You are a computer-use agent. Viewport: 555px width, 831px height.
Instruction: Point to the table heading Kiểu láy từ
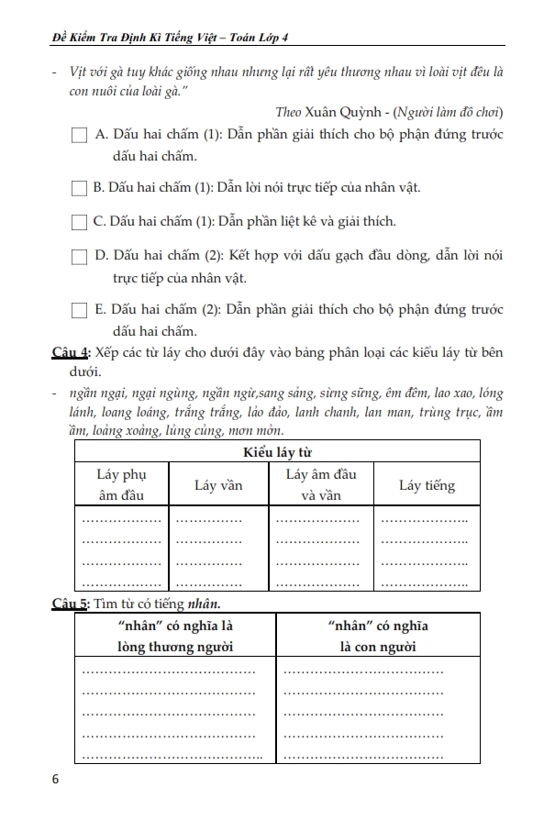tap(277, 451)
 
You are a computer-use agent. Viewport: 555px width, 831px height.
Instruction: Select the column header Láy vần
tap(218, 485)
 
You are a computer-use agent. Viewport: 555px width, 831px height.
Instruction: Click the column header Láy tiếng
tap(427, 485)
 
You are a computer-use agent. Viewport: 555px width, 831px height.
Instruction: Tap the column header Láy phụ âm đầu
tap(121, 485)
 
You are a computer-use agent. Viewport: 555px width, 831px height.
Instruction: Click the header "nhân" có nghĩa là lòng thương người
tap(170, 637)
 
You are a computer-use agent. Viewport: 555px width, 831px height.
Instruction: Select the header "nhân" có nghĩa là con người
tap(377, 637)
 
